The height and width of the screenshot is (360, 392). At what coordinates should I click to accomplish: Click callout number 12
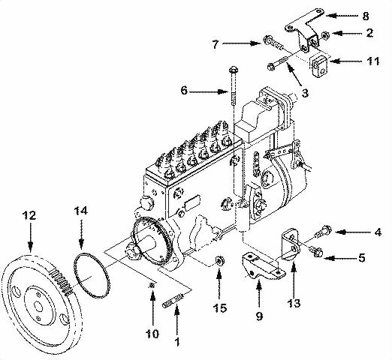29,216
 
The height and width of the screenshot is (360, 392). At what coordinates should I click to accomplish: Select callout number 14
80,212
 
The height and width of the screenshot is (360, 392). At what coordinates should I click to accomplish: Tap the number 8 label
366,14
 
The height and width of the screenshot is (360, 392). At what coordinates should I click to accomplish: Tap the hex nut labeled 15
219,262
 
